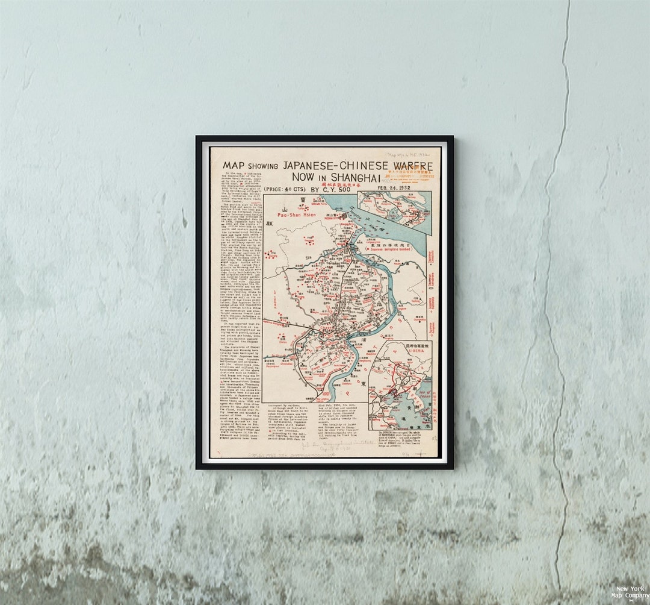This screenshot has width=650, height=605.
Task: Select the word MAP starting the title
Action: pos(235,165)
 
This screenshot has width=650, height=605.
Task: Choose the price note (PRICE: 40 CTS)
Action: pos(285,189)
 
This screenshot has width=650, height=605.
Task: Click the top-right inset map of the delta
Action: pos(394,212)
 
